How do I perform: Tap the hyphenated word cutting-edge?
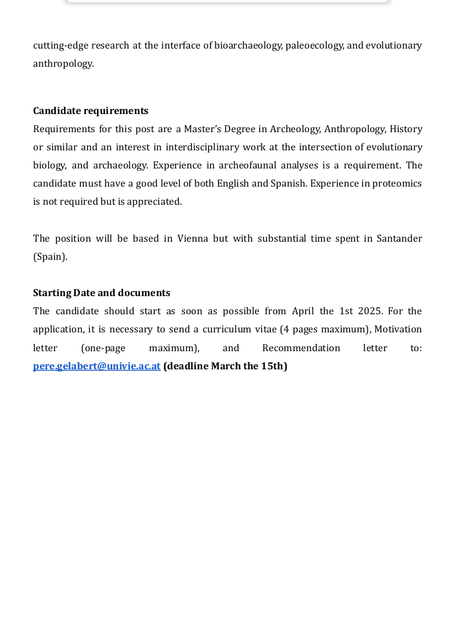(60, 45)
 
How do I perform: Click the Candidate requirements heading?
(91, 111)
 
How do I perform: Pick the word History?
(406, 129)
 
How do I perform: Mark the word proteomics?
(397, 183)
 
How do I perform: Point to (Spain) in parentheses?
(50, 257)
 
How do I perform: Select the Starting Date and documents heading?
(102, 293)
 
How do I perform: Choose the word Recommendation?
(301, 348)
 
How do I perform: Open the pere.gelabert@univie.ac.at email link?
(96, 366)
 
